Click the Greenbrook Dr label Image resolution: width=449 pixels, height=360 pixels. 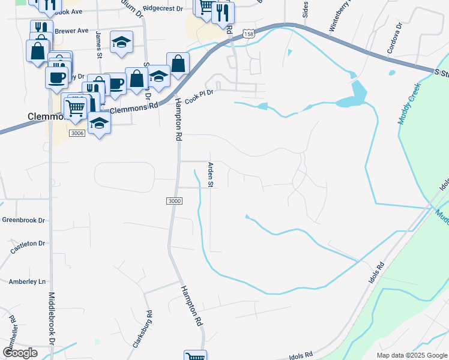tap(24, 220)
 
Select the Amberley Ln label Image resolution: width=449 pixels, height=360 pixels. tap(27, 281)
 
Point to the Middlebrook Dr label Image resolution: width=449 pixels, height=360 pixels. tap(52, 318)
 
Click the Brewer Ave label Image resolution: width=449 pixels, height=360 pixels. tap(71, 31)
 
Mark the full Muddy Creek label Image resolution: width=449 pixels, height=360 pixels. tap(408, 104)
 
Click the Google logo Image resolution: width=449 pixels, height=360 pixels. tap(20, 353)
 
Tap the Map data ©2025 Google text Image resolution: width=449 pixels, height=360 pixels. tap(412, 355)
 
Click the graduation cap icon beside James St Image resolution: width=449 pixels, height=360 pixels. tap(121, 42)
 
